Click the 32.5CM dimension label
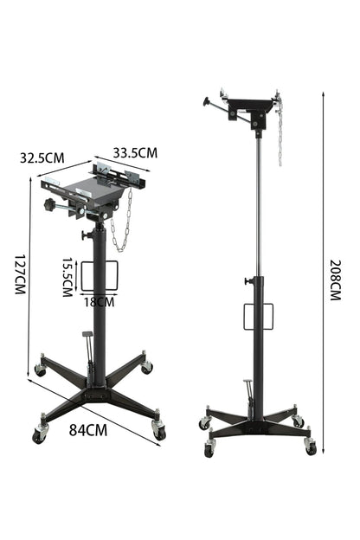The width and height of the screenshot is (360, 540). [41, 157]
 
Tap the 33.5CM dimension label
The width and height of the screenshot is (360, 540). [135, 152]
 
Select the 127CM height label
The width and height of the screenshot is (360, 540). [19, 275]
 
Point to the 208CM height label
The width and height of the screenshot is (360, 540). [336, 280]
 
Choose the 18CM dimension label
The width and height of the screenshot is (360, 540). [100, 302]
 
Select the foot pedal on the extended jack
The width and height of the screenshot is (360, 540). [246, 383]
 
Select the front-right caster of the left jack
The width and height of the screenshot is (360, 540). [157, 430]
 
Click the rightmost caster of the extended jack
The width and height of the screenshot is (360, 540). [311, 447]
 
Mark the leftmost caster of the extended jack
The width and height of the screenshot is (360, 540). [204, 423]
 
